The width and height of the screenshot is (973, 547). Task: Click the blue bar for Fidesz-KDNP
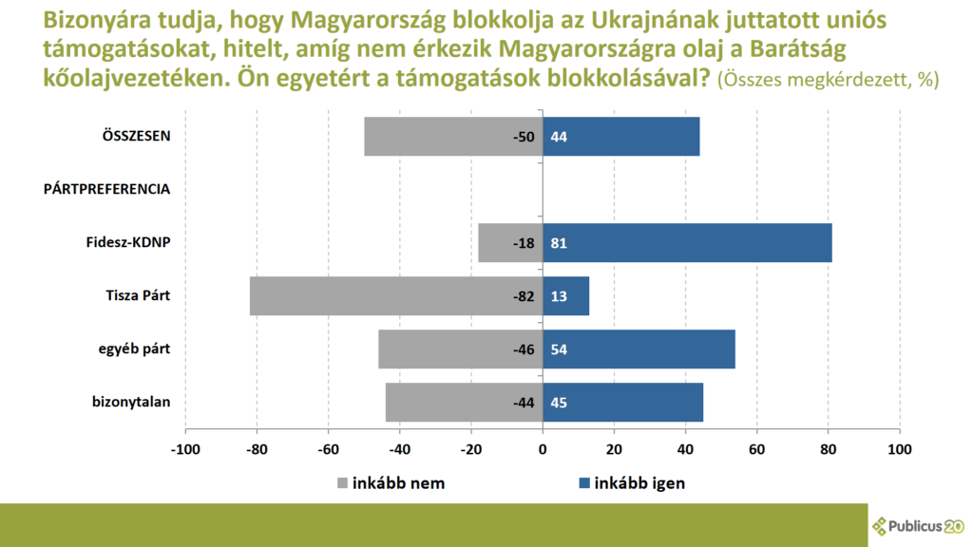click(687, 243)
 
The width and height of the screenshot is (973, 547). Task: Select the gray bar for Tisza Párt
click(395, 296)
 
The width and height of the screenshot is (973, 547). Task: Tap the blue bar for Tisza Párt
click(565, 296)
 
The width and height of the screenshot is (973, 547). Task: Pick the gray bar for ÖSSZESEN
click(453, 137)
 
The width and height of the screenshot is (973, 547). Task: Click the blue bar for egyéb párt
click(639, 349)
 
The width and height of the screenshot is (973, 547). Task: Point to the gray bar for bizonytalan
click(464, 403)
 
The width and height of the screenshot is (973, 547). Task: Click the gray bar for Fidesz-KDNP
click(510, 243)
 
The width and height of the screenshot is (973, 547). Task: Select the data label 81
click(559, 243)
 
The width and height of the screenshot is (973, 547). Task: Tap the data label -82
click(525, 296)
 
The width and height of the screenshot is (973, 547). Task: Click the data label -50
click(525, 137)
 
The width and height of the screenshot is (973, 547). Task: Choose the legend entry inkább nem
click(391, 482)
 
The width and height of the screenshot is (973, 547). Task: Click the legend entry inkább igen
click(631, 482)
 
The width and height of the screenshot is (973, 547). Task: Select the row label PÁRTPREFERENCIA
click(107, 189)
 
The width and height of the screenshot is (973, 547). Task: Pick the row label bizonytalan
click(131, 403)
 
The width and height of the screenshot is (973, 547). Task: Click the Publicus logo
click(919, 525)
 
